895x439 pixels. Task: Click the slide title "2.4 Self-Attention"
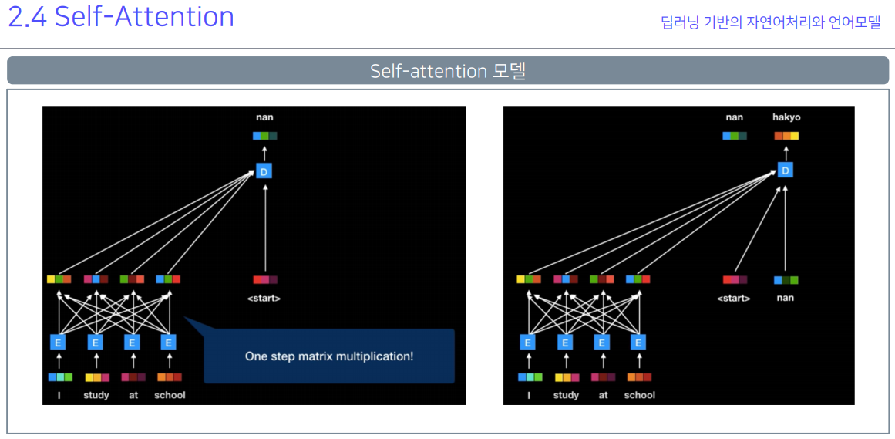[121, 17]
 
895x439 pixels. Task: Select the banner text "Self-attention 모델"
[447, 71]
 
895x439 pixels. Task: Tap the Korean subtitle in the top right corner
[770, 22]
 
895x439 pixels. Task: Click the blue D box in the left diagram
[264, 171]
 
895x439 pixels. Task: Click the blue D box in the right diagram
[785, 170]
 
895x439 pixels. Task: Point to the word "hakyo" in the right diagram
[786, 117]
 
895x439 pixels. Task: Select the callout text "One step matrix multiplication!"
[329, 356]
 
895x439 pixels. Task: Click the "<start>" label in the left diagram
[264, 298]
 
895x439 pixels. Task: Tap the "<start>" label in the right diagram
[734, 298]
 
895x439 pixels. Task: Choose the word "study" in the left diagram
[96, 395]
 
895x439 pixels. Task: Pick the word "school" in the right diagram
[639, 395]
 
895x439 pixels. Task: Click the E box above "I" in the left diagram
[59, 342]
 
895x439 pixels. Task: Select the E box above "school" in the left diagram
[169, 342]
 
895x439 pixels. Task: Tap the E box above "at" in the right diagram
[602, 342]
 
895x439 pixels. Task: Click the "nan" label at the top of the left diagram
[264, 117]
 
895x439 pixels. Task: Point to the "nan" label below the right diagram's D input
[785, 298]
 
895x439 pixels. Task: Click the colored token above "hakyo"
[786, 136]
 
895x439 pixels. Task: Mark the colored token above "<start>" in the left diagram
[264, 279]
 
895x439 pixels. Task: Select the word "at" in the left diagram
[133, 395]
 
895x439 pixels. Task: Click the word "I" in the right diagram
[529, 395]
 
